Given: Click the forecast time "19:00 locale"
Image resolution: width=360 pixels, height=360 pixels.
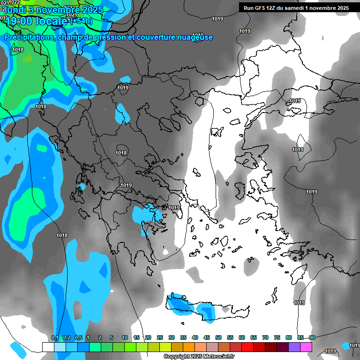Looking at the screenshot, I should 35,21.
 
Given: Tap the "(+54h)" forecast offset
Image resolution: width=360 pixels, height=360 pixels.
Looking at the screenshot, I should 80,21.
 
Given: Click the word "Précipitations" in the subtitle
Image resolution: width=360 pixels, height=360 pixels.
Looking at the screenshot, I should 29,37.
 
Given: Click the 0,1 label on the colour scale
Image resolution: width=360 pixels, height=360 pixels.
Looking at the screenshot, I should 55,337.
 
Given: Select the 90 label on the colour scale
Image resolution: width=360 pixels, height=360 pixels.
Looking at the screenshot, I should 312,337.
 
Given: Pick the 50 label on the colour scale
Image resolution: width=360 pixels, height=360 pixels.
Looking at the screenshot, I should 218,337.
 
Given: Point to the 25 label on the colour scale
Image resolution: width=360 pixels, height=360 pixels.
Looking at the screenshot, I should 160,337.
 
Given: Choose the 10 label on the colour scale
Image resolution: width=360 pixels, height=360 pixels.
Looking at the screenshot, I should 125,337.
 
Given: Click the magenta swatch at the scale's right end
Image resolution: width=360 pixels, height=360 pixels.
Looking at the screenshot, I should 306,347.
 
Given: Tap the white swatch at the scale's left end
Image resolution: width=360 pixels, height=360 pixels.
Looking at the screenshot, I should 48,347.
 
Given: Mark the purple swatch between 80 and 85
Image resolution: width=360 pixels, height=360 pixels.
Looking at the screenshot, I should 294,347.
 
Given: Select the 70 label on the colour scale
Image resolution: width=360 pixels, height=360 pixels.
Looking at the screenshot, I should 265,337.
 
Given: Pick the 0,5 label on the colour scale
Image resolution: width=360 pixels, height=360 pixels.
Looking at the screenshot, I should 78,337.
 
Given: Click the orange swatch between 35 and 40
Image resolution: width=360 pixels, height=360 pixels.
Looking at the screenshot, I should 189,347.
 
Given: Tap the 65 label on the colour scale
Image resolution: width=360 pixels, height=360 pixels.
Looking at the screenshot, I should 254,337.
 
